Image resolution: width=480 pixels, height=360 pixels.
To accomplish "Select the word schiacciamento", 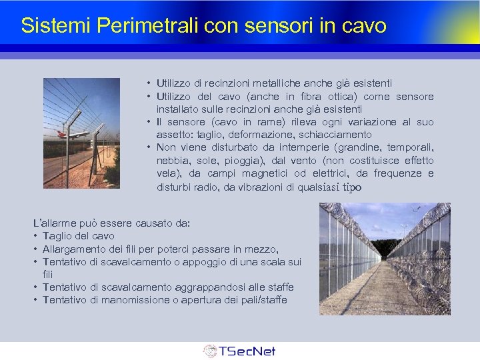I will [x=326, y=135].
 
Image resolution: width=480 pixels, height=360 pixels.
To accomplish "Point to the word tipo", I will [x=351, y=187].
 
